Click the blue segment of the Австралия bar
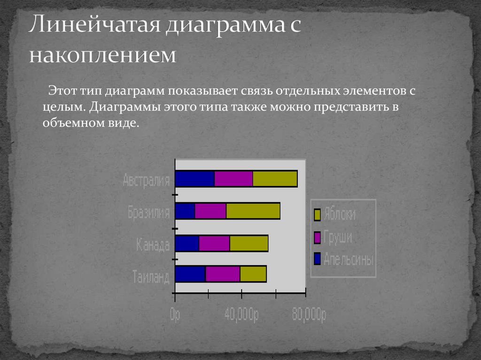195,179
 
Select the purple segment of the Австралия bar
233,179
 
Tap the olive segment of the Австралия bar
275,179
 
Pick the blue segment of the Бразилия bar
185,211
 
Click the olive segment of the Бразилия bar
253,211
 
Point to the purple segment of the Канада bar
214,244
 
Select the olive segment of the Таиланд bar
253,274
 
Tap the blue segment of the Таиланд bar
190,274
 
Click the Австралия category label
147,180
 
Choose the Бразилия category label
149,212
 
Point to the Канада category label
153,245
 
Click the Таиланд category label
151,276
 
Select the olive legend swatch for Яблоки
317,215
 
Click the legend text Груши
338,237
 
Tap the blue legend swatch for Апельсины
317,259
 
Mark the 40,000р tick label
241,314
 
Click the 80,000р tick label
309,314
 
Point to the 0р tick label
175,314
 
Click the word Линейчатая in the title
94,24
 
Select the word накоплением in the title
103,55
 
